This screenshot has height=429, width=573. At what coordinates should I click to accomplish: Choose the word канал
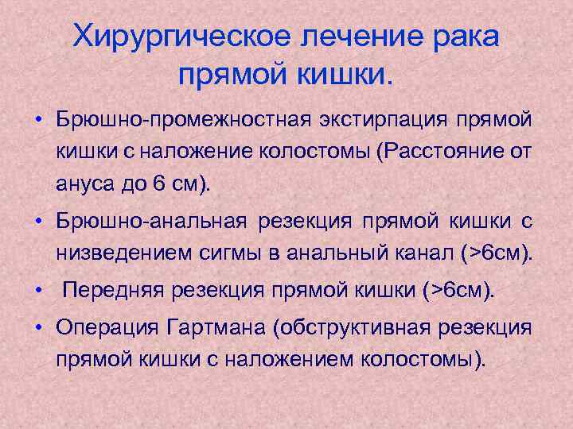click(420, 253)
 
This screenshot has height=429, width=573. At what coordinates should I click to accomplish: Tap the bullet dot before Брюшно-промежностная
click(38, 120)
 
